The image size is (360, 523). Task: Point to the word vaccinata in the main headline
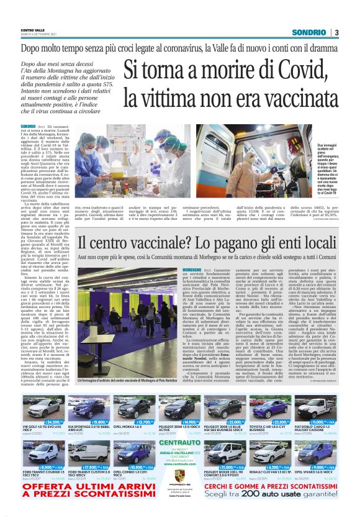[x=290, y=96]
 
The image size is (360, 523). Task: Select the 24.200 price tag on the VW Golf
[x=43, y=422]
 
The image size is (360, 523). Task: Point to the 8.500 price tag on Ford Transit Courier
[x=43, y=466]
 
